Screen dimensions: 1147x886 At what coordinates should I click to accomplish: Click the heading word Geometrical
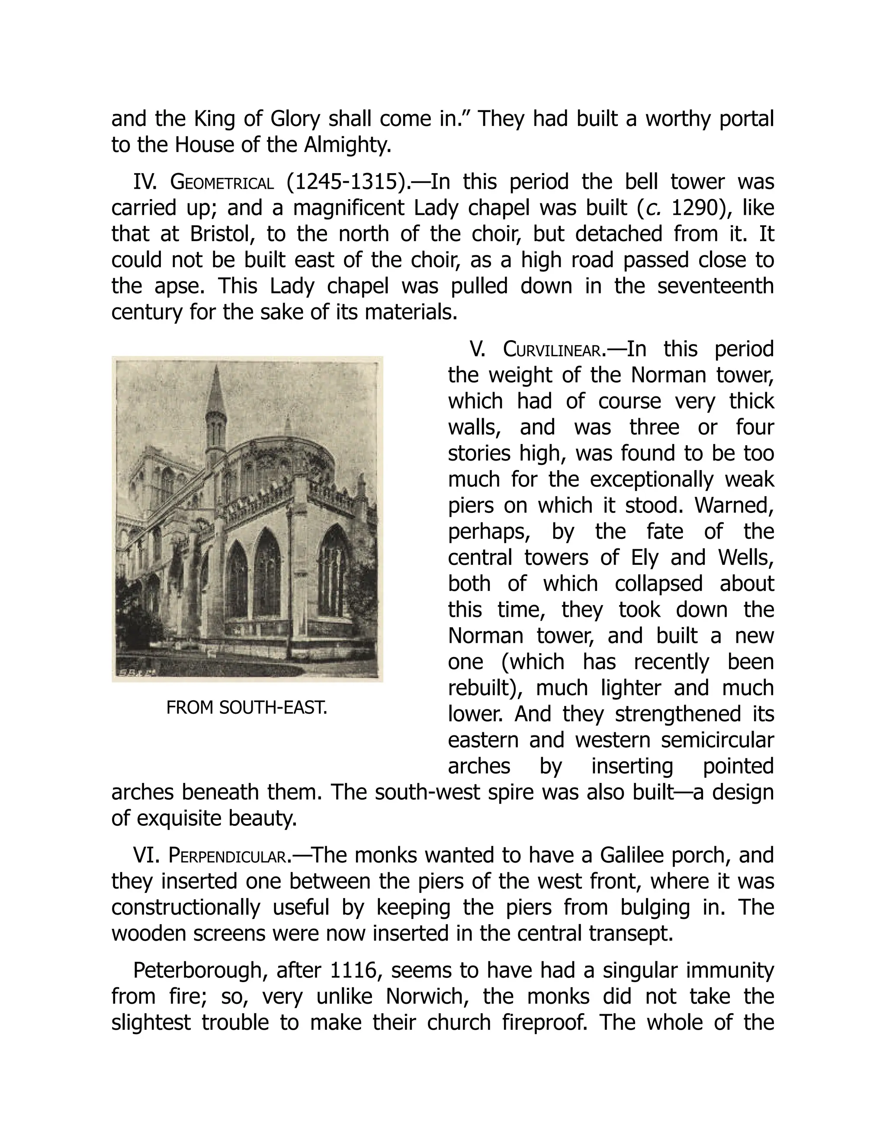(x=222, y=182)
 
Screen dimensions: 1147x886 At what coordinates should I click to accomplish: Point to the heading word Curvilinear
(x=552, y=349)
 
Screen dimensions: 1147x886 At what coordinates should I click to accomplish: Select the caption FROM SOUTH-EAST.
(x=247, y=708)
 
